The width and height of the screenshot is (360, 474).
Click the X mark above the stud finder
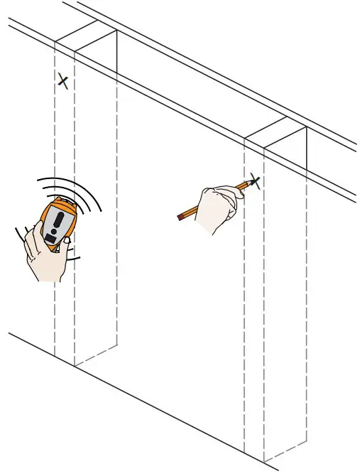63,81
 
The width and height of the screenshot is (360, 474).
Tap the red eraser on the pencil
180,217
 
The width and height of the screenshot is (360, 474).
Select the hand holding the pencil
214,209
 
